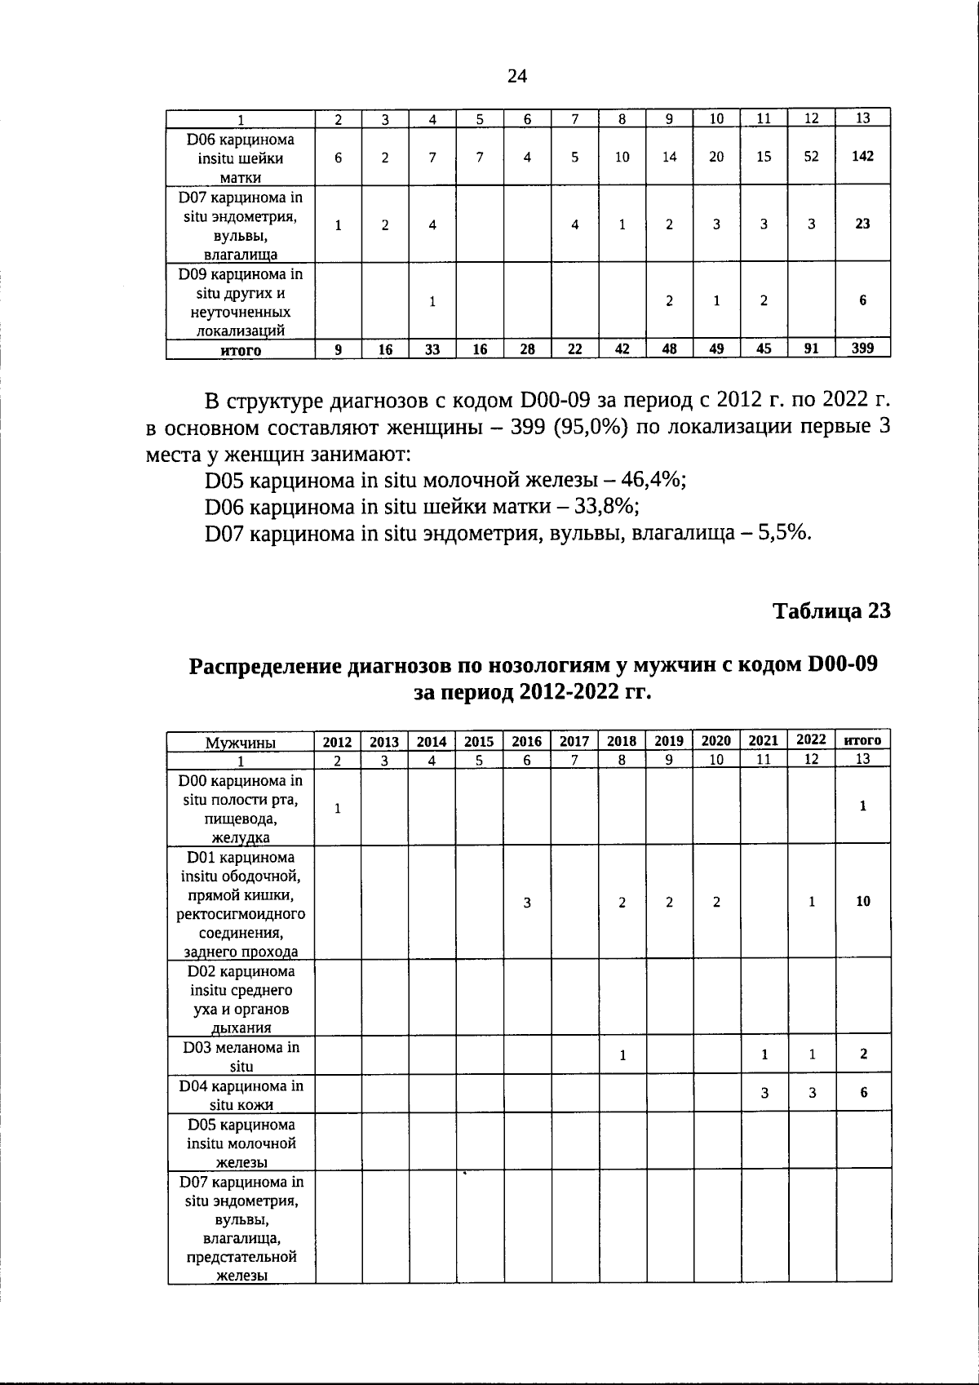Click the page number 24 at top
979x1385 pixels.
517,76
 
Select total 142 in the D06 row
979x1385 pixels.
862,156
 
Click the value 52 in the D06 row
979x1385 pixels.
811,156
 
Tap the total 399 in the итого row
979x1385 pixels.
862,349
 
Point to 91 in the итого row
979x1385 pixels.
811,349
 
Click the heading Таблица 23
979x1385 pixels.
831,610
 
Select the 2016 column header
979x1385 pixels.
527,741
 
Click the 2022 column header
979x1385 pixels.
811,740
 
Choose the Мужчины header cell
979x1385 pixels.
241,743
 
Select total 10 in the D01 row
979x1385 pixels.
862,902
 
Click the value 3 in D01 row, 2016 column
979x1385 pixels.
527,903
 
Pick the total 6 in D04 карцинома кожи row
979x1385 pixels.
863,1094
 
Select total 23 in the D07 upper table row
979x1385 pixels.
862,224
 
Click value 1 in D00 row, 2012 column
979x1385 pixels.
337,807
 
